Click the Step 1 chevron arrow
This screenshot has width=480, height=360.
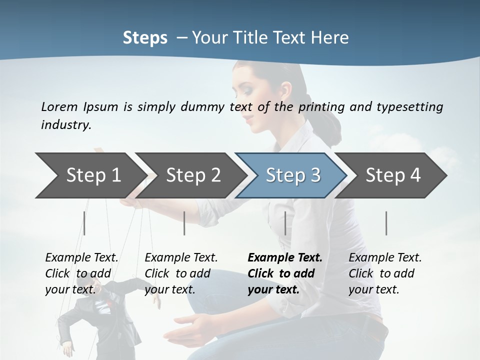pyautogui.click(x=90, y=175)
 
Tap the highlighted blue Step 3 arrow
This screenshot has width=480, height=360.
pyautogui.click(x=292, y=175)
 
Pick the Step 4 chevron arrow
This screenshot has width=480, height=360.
pyautogui.click(x=392, y=175)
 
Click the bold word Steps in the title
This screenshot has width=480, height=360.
pyautogui.click(x=145, y=37)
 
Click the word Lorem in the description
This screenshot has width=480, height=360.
pyautogui.click(x=59, y=106)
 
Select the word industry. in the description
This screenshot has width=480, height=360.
pyautogui.click(x=66, y=125)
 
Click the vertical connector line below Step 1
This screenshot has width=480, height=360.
pyautogui.click(x=84, y=223)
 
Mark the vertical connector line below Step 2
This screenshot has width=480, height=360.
pyautogui.click(x=184, y=223)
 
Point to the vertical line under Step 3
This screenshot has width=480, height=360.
pyautogui.click(x=285, y=223)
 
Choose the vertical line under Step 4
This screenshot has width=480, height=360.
pyautogui.click(x=386, y=223)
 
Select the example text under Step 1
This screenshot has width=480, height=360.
pyautogui.click(x=81, y=273)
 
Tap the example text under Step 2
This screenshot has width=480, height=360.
pyautogui.click(x=181, y=273)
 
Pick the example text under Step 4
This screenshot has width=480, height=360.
pyautogui.click(x=385, y=273)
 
